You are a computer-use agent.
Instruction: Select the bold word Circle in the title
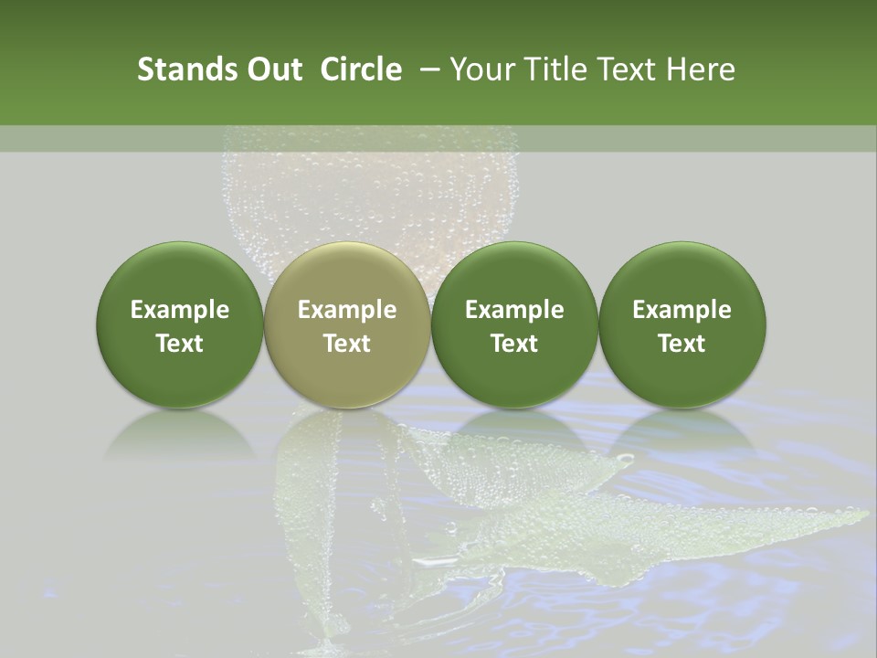pos(361,69)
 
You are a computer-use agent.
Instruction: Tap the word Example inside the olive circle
pos(347,310)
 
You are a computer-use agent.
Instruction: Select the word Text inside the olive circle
pos(347,344)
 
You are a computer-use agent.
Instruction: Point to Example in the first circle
pos(180,310)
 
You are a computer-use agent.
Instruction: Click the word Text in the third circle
pos(514,344)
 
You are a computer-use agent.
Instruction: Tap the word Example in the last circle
pos(682,310)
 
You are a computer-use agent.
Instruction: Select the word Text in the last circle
pos(682,344)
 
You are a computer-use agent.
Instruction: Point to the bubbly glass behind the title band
pos(365,192)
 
